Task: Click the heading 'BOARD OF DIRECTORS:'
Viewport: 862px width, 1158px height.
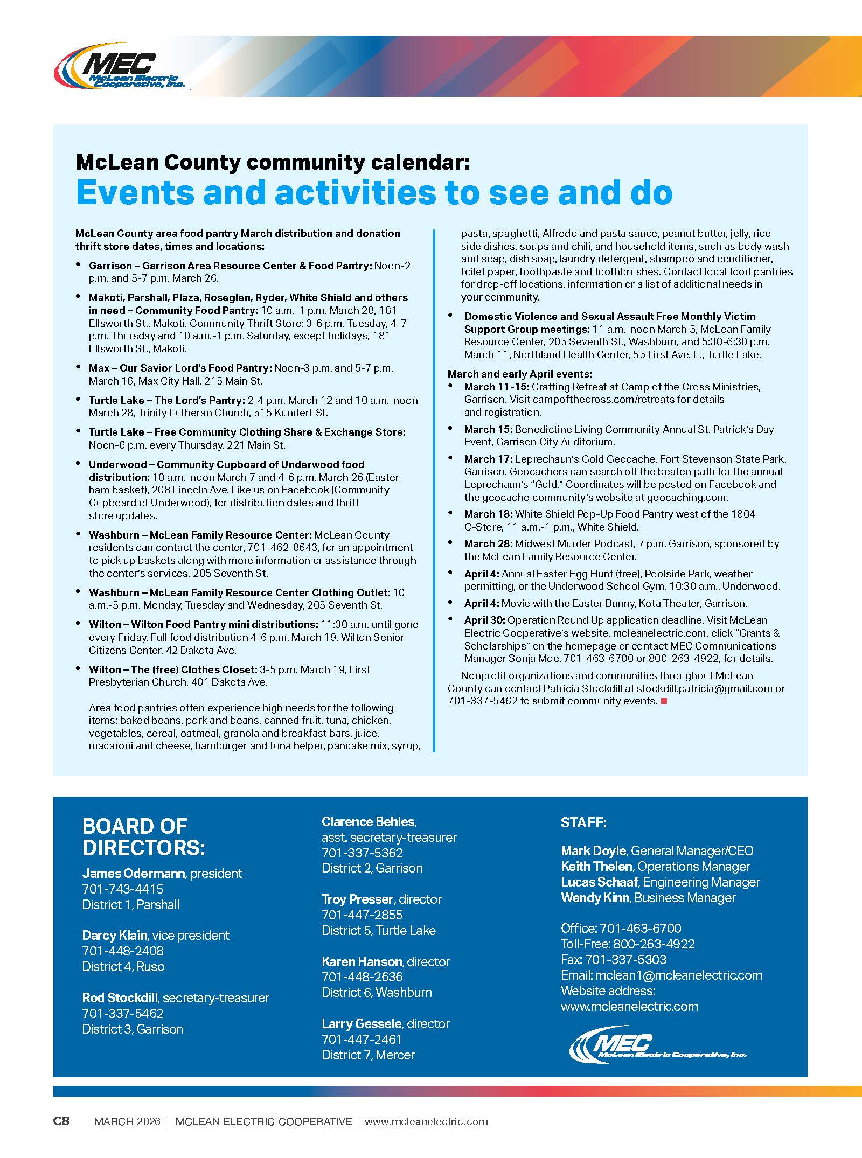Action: [143, 837]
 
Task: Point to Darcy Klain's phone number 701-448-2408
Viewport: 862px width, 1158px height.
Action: [123, 951]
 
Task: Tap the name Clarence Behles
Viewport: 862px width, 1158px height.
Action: [369, 822]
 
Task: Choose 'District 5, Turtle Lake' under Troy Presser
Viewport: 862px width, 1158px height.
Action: [379, 930]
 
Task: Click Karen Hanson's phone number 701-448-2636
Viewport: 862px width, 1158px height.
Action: [362, 976]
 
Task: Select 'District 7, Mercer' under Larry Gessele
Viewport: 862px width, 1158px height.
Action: [368, 1055]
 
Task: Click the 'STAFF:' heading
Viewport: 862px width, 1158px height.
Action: [583, 822]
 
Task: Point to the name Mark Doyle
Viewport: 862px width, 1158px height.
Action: [593, 850]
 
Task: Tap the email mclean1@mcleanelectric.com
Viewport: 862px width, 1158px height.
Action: [679, 975]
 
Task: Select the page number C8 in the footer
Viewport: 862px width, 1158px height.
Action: [61, 1121]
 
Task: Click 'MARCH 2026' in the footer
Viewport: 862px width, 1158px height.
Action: [127, 1122]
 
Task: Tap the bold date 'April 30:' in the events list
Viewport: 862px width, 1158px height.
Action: [484, 620]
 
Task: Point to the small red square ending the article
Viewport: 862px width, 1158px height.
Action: [664, 701]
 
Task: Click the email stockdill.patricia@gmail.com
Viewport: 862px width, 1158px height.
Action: [705, 688]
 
